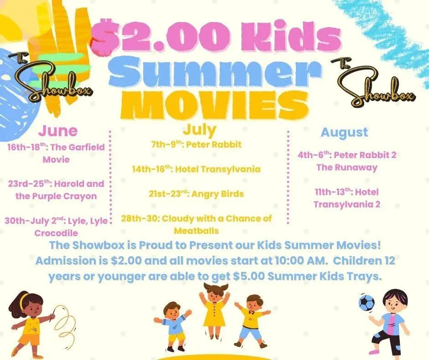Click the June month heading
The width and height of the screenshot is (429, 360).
[58, 131]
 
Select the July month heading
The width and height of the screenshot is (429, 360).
[199, 130]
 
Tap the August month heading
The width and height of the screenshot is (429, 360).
[344, 133]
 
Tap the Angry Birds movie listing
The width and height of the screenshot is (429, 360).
[218, 194]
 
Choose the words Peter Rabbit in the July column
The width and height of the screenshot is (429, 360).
[214, 144]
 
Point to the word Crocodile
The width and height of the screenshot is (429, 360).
[56, 233]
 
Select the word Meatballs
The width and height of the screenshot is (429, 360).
[196, 231]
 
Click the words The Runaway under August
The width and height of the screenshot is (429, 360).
[347, 167]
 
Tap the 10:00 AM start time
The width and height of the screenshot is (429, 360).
[301, 260]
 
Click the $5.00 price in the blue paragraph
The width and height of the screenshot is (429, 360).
[249, 276]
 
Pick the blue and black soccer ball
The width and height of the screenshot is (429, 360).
[366, 302]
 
